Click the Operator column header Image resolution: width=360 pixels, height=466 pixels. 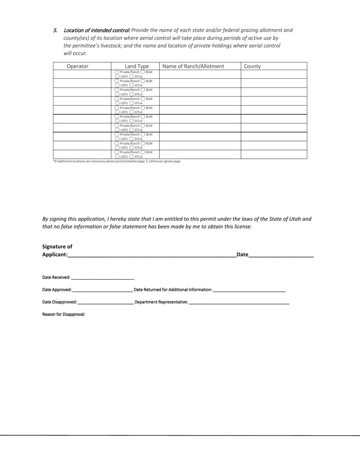point(78,66)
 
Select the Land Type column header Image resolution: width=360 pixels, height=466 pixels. point(137,66)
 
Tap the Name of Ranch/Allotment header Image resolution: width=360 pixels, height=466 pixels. point(193,66)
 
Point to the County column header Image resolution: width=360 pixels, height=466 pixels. point(252,66)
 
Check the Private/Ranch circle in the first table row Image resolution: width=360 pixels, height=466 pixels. point(117,72)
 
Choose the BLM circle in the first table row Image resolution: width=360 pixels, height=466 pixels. point(143,72)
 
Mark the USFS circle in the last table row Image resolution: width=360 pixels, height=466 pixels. point(117,156)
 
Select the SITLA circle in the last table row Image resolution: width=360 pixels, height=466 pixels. point(131,156)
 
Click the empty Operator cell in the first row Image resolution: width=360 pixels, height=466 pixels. point(82,74)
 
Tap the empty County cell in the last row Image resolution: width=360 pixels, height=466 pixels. point(274,154)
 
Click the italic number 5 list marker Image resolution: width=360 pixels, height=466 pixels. point(55,30)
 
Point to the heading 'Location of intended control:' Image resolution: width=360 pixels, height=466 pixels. point(97,30)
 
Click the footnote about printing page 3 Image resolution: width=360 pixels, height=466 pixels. point(117,161)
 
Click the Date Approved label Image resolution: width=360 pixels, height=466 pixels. point(57,290)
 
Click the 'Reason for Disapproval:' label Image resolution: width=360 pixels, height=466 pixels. point(64,314)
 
